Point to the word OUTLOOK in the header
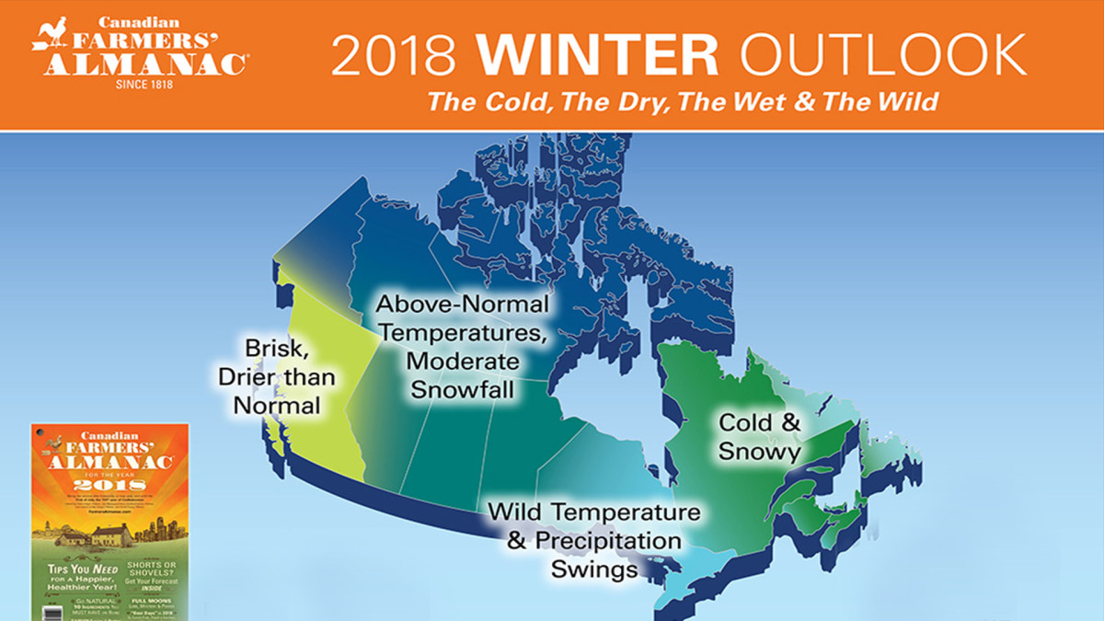(x=883, y=57)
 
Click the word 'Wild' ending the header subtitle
(x=906, y=102)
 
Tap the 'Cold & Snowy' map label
(x=760, y=438)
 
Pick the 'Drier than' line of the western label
(x=277, y=377)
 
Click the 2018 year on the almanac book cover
(x=110, y=485)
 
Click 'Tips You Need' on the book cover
(x=79, y=569)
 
